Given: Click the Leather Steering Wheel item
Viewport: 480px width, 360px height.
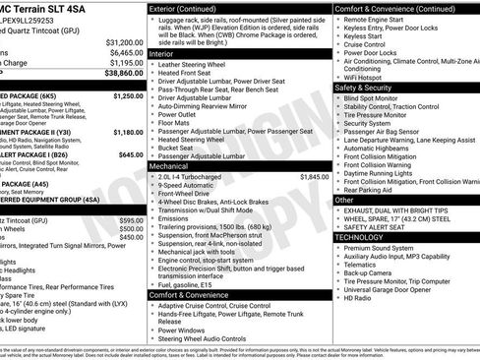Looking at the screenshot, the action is click(x=204, y=67).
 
